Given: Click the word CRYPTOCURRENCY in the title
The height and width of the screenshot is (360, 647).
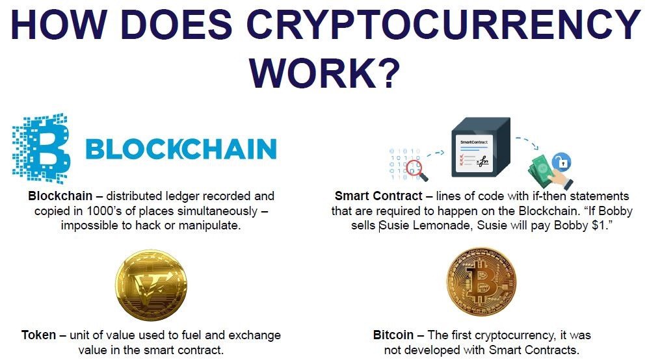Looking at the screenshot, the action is pos(443,24).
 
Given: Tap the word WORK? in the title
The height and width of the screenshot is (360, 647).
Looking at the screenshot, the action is pos(324,73).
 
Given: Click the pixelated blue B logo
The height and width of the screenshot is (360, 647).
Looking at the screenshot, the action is pos(40,148).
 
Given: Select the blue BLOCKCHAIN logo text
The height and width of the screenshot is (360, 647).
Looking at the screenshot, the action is pos(181,149).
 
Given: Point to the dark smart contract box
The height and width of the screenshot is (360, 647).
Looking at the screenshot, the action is pos(481,148).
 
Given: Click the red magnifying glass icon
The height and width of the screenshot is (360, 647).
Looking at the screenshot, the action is pos(416,170).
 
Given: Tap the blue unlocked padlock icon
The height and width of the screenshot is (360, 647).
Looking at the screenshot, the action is pos(562,162).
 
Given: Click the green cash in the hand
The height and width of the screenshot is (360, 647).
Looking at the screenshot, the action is pos(542,170).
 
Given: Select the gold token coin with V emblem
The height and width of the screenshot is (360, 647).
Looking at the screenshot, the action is pos(151,285).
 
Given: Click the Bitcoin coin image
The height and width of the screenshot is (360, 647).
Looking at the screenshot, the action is pos(482,282).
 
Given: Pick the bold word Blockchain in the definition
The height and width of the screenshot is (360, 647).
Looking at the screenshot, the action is pos(60,196).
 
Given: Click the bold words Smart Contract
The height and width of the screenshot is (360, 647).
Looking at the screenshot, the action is pos(378,196).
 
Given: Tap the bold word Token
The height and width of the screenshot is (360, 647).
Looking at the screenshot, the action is pos(38,335).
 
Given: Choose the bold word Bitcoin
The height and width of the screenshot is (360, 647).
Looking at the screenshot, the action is pos(393,335).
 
